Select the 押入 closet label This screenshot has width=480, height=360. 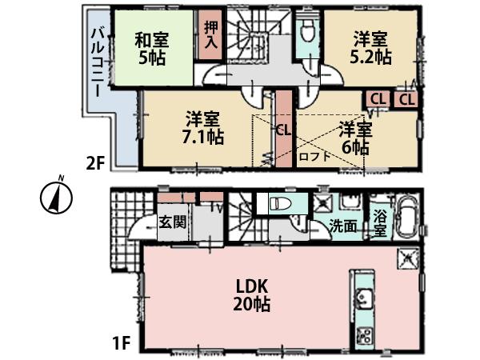(x=210, y=35)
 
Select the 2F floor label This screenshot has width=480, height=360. (x=95, y=163)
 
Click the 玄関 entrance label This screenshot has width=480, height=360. (x=172, y=221)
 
